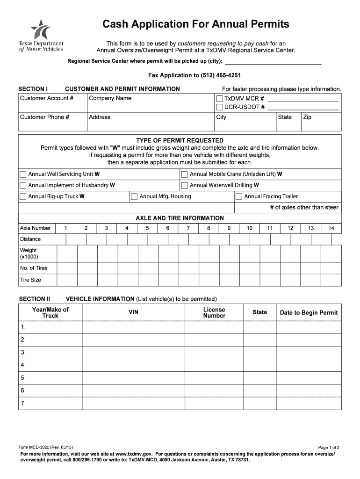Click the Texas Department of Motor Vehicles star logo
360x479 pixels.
[41, 30]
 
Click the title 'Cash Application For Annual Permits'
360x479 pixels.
[196, 24]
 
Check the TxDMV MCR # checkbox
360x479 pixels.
[219, 99]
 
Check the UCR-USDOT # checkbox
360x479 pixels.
[219, 107]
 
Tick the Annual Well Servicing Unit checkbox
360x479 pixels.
[23, 174]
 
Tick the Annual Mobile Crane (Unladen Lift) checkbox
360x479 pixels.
[184, 174]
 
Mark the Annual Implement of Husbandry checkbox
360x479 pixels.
[23, 185]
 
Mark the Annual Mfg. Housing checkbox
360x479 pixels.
[134, 196]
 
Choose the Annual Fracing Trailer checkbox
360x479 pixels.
[239, 196]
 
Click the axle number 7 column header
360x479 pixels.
[188, 228]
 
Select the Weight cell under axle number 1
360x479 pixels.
[66, 254]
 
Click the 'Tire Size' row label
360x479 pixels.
[30, 280]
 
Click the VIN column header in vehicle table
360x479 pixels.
[134, 312]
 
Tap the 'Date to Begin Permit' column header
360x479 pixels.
[309, 312]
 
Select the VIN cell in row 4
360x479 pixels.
[134, 365]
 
